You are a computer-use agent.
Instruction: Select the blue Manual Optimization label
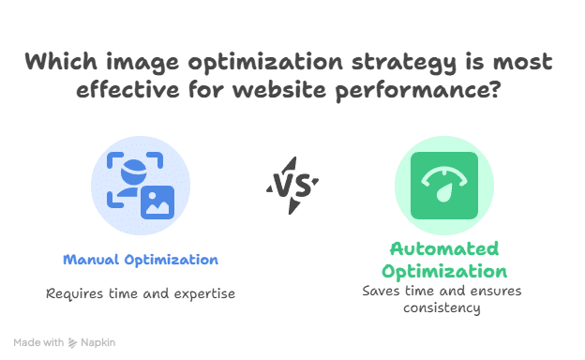(x=141, y=260)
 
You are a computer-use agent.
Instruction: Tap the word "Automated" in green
(x=443, y=249)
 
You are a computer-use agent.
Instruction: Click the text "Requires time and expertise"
(x=141, y=293)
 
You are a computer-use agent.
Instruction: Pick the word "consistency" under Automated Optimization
(x=442, y=307)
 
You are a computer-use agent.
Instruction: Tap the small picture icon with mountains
(x=157, y=201)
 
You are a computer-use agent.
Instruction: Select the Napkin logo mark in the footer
(x=73, y=343)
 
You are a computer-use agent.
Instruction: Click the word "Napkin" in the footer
(x=97, y=343)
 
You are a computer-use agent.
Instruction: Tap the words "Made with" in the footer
(x=38, y=343)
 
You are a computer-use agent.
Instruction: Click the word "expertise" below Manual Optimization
(x=202, y=293)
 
